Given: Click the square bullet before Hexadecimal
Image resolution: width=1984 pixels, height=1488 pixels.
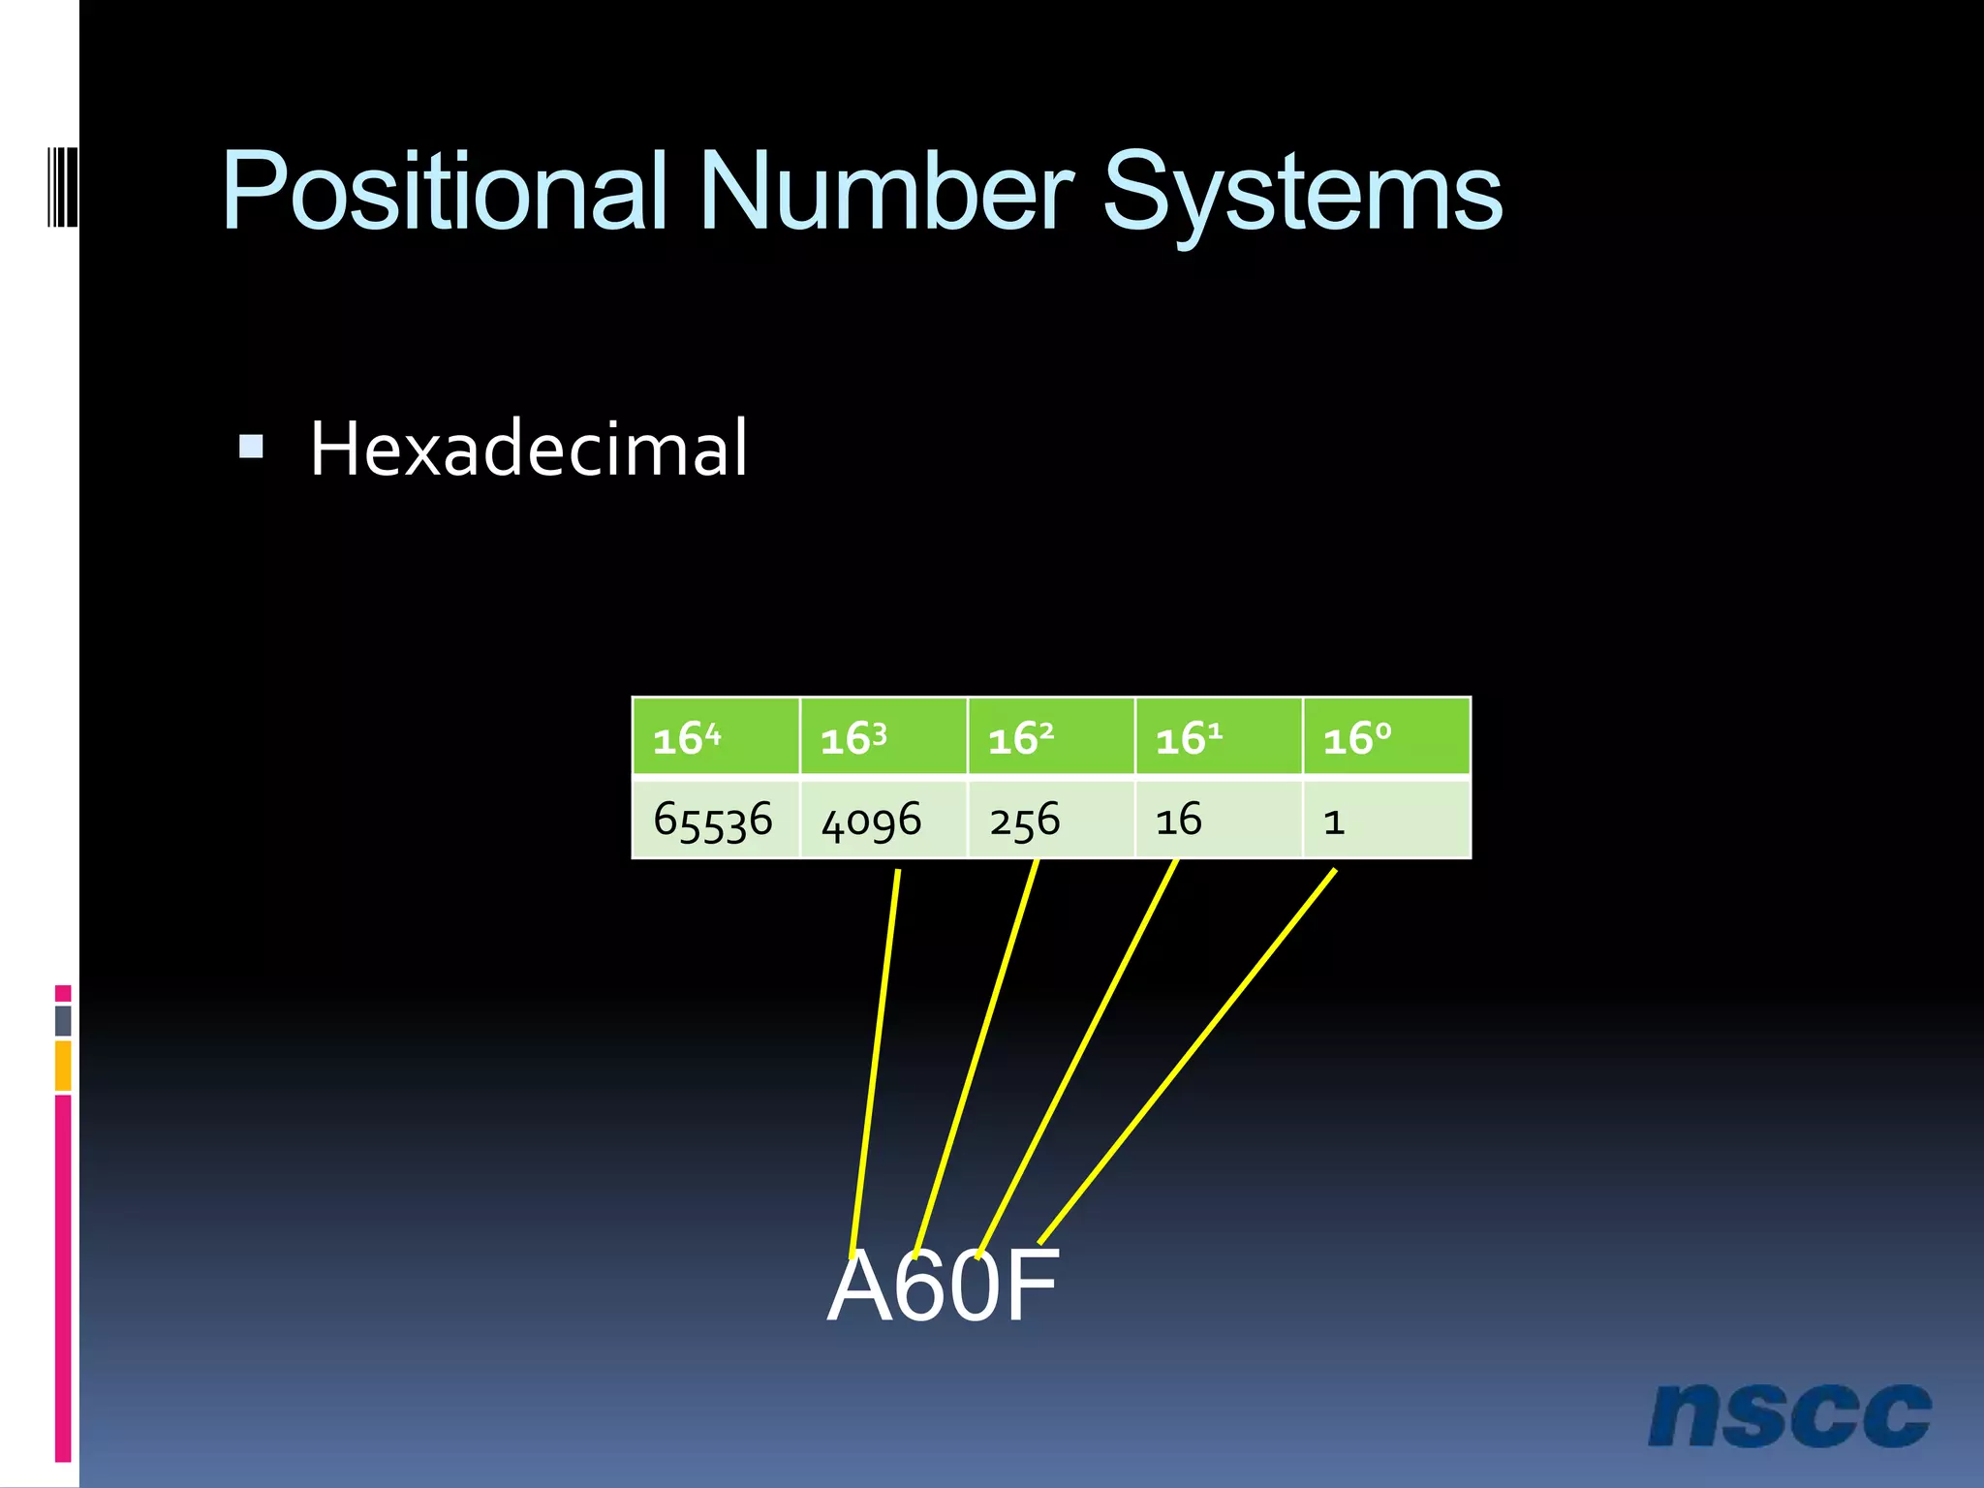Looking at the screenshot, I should pyautogui.click(x=251, y=447).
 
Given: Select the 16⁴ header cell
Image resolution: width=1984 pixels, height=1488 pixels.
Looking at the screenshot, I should pyautogui.click(x=715, y=737).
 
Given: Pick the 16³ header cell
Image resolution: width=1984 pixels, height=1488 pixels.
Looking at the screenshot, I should pyautogui.click(x=883, y=737).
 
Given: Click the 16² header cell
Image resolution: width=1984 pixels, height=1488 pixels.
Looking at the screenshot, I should pyautogui.click(x=1051, y=737).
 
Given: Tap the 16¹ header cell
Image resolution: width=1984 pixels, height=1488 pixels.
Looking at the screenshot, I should pyautogui.click(x=1219, y=737).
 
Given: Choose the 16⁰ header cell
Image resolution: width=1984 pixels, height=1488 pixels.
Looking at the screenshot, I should pyautogui.click(x=1386, y=737).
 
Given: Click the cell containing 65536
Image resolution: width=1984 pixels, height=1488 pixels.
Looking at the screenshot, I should pyautogui.click(x=715, y=820).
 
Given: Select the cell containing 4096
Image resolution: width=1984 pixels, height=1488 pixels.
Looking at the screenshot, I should pyautogui.click(x=883, y=820).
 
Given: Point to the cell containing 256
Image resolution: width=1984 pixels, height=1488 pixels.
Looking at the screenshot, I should pyautogui.click(x=1051, y=820).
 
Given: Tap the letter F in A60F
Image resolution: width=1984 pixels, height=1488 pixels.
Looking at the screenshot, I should pyautogui.click(x=1030, y=1286).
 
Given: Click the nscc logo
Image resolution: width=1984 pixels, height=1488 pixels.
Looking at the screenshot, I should pyautogui.click(x=1788, y=1414).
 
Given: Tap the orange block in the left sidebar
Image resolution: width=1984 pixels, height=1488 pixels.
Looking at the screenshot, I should pyautogui.click(x=63, y=1065).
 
